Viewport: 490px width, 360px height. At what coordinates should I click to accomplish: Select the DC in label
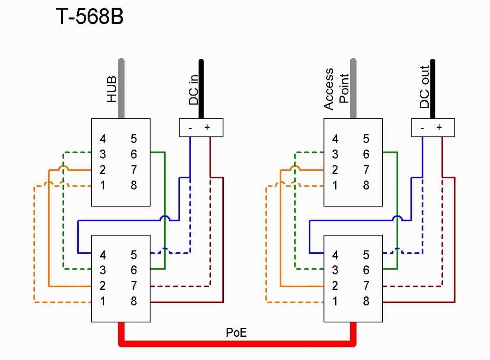[x=194, y=91]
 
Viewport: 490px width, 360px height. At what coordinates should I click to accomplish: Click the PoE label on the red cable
[x=236, y=333]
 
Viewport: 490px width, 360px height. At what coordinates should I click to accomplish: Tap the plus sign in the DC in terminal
[x=207, y=127]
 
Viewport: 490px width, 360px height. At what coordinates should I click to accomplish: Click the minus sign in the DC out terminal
[x=423, y=127]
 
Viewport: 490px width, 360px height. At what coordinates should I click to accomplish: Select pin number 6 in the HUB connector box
[x=134, y=154]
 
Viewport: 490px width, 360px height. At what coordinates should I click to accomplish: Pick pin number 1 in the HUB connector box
[x=103, y=185]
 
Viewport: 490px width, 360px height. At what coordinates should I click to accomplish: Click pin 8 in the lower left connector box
[x=134, y=301]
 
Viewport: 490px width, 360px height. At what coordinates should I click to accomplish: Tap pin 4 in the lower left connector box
[x=103, y=255]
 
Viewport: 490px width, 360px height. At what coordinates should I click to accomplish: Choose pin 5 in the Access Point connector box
[x=366, y=139]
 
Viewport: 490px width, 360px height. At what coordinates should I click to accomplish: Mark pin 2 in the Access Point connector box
[x=335, y=170]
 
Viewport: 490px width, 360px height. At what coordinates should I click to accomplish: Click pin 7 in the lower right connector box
[x=366, y=286]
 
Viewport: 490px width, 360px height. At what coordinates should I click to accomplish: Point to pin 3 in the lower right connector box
[x=335, y=270]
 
